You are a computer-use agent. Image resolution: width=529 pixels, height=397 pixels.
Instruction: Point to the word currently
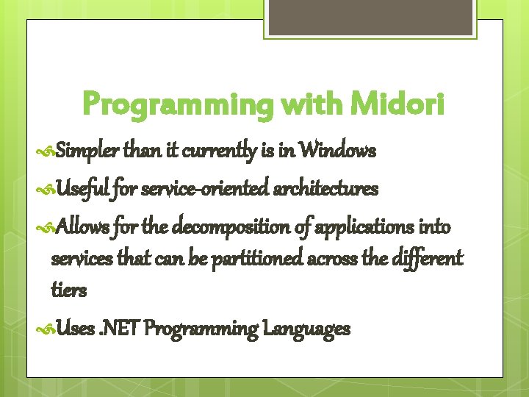coord(218,151)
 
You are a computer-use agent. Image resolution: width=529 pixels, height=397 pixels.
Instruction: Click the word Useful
coord(83,190)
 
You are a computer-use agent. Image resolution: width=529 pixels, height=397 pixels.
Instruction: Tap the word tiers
coord(68,290)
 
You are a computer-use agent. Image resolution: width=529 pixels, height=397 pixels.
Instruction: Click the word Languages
coord(308,328)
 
